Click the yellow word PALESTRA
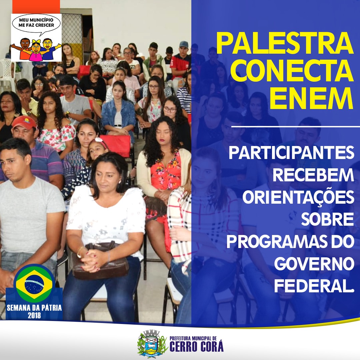(x=285, y=43)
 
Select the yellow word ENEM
(x=311, y=99)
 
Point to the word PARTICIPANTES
(x=291, y=153)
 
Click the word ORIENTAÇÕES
(x=298, y=197)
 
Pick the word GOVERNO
(x=314, y=264)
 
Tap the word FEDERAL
(x=314, y=286)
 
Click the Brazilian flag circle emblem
(x=34, y=284)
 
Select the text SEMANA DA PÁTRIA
(x=34, y=308)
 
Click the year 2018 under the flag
(x=34, y=315)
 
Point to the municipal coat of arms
(x=152, y=343)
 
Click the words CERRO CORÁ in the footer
(x=196, y=347)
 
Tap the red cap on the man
(x=24, y=122)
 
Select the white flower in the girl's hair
(x=99, y=140)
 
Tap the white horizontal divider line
(x=295, y=127)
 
